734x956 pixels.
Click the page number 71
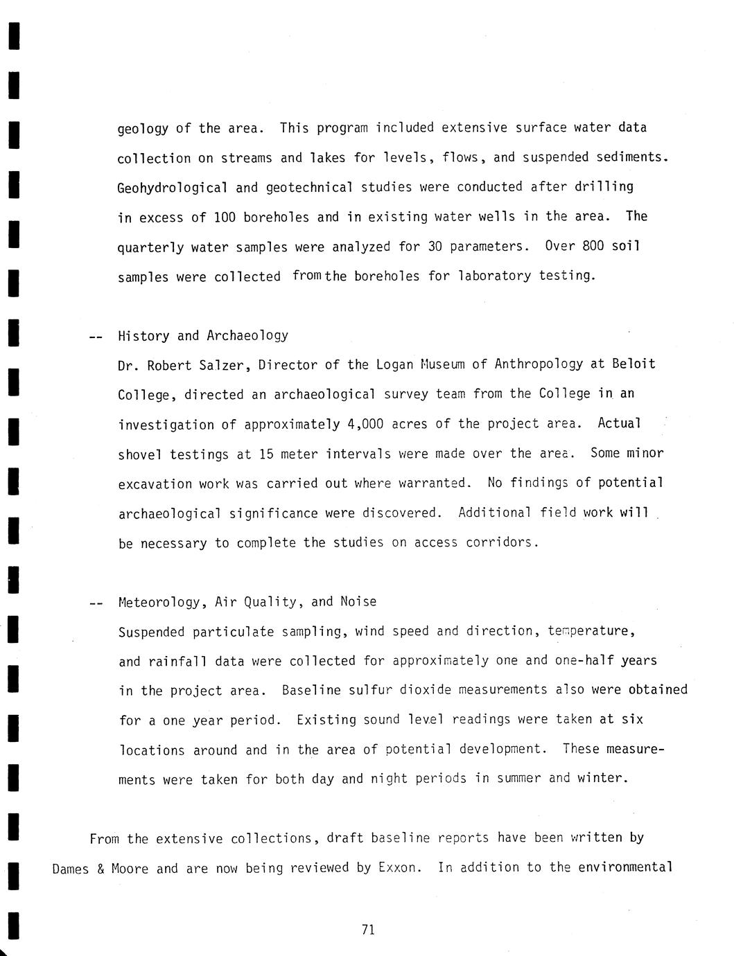click(368, 930)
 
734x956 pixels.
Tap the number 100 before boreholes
click(225, 218)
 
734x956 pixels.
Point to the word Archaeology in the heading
click(247, 336)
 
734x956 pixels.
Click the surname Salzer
click(220, 365)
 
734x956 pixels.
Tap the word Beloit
click(633, 364)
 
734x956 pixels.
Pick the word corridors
click(502, 542)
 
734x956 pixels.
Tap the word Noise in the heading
click(358, 601)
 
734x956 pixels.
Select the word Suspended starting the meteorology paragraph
click(152, 632)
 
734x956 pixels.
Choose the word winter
click(606, 778)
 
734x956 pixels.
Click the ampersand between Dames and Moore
click(101, 869)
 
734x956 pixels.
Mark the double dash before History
click(96, 337)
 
